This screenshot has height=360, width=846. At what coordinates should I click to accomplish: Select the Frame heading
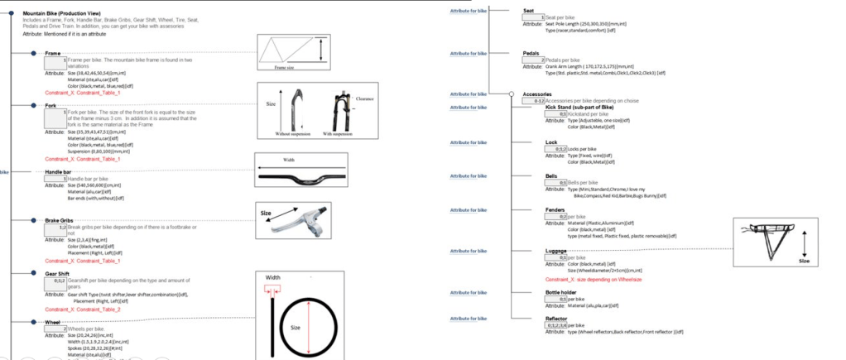(x=52, y=53)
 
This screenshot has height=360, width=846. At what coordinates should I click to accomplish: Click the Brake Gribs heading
(x=60, y=220)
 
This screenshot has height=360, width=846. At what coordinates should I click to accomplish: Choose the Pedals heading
(x=531, y=53)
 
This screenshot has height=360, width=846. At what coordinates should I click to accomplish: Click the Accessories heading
(x=538, y=94)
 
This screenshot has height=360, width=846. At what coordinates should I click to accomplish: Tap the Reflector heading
(x=535, y=318)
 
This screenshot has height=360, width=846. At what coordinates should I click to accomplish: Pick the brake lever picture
(x=294, y=221)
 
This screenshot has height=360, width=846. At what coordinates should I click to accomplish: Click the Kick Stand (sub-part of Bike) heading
(x=579, y=107)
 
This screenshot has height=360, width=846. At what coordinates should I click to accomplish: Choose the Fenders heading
(x=532, y=209)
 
